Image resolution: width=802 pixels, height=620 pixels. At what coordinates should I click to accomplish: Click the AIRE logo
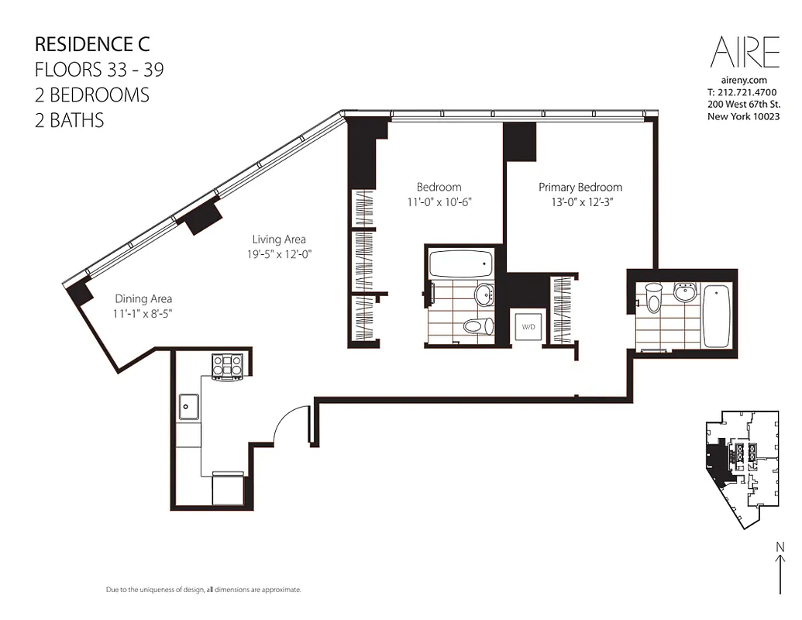745,53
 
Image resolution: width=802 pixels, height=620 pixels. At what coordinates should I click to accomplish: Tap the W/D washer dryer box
528,327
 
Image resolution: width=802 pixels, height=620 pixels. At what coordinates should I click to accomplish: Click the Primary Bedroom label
580,187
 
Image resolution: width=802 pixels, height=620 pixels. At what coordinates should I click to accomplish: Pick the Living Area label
279,239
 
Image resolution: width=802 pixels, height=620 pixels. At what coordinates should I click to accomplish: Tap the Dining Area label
143,298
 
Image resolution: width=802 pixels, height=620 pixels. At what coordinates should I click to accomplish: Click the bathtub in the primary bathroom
717,315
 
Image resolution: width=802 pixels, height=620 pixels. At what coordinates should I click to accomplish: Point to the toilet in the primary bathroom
653,298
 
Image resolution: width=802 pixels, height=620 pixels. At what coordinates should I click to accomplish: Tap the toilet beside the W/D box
477,326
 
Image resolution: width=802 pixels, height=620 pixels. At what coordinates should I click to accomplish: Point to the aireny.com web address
743,80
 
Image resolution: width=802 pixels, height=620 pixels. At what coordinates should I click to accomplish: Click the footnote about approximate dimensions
203,590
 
